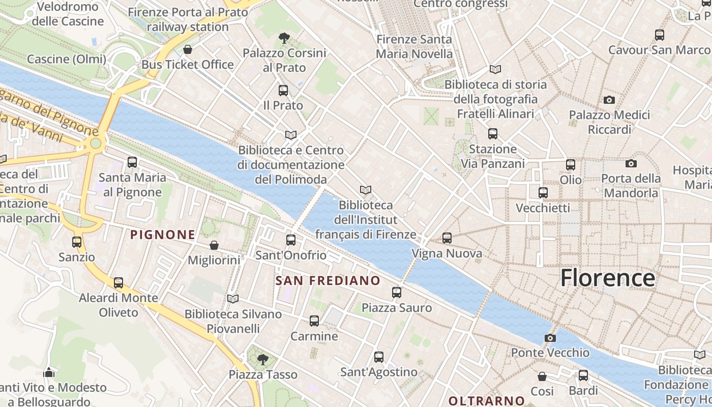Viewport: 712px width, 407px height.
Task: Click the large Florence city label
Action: pyautogui.click(x=607, y=278)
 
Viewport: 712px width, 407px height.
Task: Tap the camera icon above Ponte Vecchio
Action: pyautogui.click(x=550, y=338)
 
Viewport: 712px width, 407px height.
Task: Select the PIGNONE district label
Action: pyautogui.click(x=163, y=235)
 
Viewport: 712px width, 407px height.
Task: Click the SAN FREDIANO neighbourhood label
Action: pyautogui.click(x=328, y=280)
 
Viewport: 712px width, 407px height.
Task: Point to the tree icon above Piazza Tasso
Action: pyautogui.click(x=262, y=360)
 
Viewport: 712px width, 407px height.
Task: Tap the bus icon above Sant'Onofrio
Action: pyautogui.click(x=291, y=240)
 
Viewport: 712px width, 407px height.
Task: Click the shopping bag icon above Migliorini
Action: pyautogui.click(x=214, y=245)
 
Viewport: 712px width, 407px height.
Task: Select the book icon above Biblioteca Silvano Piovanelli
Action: pyautogui.click(x=233, y=299)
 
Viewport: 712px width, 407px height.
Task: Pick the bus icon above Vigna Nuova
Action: pyautogui.click(x=447, y=238)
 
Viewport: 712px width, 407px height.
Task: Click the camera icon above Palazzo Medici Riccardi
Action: pyautogui.click(x=609, y=100)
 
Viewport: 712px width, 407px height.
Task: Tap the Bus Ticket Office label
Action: pyautogui.click(x=188, y=65)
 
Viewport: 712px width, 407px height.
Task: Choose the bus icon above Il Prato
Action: pyautogui.click(x=283, y=91)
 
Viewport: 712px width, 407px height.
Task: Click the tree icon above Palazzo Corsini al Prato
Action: pyautogui.click(x=284, y=38)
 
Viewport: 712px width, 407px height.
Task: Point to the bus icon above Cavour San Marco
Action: pyautogui.click(x=660, y=35)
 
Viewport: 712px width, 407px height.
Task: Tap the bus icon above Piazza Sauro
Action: pyautogui.click(x=397, y=293)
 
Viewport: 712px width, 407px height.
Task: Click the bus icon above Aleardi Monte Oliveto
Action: pyautogui.click(x=118, y=282)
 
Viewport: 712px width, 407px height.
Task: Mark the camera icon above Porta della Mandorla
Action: pyautogui.click(x=631, y=163)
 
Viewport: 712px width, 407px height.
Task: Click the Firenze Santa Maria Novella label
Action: pyautogui.click(x=414, y=46)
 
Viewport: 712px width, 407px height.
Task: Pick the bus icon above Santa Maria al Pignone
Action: pyautogui.click(x=132, y=162)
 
